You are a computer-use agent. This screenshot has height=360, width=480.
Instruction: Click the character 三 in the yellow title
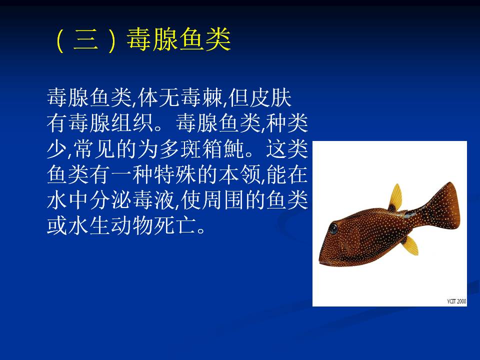pos(85,40)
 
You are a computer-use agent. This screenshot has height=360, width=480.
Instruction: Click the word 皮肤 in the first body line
pos(270,98)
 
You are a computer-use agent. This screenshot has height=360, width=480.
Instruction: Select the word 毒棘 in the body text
pos(201,98)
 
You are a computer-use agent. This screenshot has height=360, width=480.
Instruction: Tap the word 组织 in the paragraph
pos(132,123)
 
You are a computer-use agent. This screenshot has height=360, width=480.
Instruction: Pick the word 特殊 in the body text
pos(175,174)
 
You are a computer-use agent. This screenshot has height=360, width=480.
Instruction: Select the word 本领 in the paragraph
pos(239,174)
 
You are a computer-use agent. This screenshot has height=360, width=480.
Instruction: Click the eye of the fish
pos(333,229)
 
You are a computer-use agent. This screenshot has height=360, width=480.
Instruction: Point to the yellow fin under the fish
pos(410,245)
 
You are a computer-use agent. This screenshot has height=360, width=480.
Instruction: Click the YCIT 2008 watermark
pos(456,301)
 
